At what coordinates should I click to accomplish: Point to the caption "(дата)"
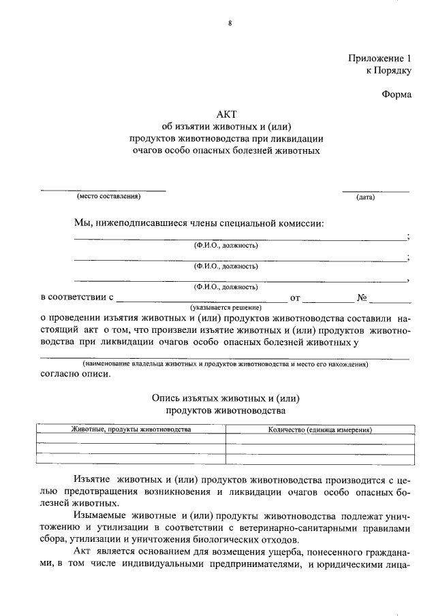[x=365, y=197]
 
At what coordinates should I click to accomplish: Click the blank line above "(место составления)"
[x=103, y=191]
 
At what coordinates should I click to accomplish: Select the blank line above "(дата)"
[x=375, y=191]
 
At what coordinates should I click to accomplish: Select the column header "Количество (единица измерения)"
[x=319, y=430]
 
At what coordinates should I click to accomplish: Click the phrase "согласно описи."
[x=74, y=374]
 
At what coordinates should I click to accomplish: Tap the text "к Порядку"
[x=389, y=70]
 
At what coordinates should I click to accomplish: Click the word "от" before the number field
[x=295, y=298]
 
